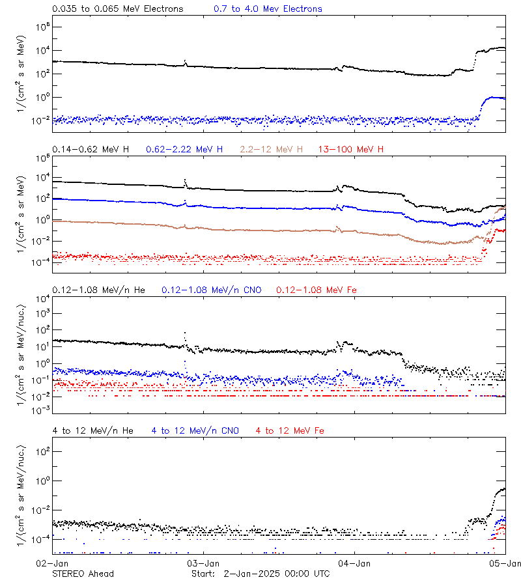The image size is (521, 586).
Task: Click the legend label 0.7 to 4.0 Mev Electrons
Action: click(x=268, y=9)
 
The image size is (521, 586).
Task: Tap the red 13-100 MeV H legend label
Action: click(x=351, y=150)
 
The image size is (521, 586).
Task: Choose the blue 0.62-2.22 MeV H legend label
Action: click(x=184, y=150)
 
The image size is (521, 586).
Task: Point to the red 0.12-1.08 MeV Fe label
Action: click(x=316, y=290)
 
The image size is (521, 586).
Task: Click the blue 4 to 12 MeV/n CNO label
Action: click(x=195, y=431)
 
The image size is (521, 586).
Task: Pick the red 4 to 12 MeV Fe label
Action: click(x=290, y=431)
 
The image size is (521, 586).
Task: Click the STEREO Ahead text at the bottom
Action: click(x=83, y=574)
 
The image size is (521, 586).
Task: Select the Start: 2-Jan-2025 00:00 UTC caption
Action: click(x=260, y=574)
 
